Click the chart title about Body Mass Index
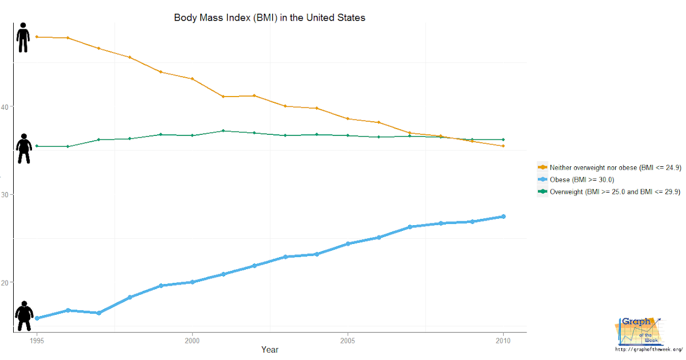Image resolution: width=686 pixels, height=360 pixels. pos(269,18)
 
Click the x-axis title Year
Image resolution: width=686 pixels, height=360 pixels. pos(270,349)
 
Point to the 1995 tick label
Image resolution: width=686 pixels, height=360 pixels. pos(37,339)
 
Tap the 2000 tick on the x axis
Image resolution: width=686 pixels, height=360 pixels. pos(192,339)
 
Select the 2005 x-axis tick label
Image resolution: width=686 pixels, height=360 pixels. pos(348,339)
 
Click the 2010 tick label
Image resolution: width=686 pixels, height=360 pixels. pos(503,339)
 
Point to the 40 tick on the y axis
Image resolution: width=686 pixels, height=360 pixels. pos(5,107)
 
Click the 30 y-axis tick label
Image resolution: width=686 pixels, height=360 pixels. pos(5,195)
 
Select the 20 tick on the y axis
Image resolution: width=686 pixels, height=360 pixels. pos(5,282)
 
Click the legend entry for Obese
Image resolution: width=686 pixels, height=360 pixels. pos(582,180)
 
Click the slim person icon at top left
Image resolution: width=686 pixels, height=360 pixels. pos(23,38)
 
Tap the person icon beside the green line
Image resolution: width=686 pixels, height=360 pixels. pos(23,149)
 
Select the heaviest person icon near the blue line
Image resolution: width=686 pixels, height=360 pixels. pos(24,316)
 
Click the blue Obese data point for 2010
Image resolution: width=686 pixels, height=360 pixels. pos(503,217)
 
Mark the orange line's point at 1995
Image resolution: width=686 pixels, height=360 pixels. pos(37,37)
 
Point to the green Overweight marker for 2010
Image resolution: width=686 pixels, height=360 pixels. pos(503,139)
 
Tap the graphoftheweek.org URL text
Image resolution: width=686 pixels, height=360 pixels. pos(648,349)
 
